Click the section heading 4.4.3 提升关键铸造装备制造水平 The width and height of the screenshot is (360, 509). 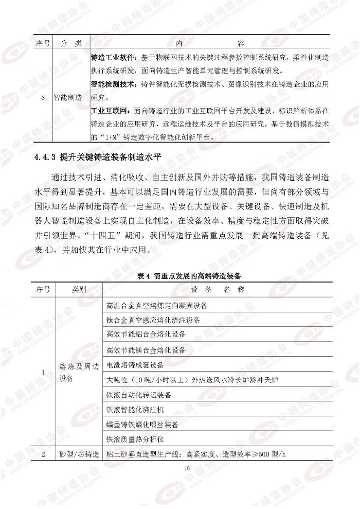[98, 158]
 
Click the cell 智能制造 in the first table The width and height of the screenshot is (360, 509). [71, 98]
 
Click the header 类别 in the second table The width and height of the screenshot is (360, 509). [78, 289]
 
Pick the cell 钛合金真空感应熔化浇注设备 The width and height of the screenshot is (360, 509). [153, 320]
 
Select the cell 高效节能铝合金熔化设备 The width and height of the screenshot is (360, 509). [146, 335]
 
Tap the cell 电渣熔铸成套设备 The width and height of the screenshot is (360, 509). [135, 365]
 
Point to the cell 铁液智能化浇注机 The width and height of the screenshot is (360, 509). [135, 410]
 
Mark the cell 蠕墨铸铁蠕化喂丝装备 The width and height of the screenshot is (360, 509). [142, 425]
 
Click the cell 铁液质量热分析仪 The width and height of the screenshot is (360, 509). [135, 440]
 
